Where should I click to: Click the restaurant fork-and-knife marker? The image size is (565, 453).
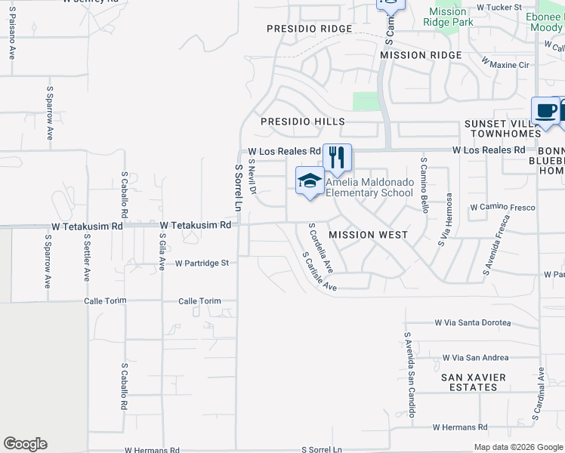tap(337, 157)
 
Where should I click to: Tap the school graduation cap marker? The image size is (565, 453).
tap(309, 181)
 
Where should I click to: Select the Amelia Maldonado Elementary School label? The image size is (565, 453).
tap(369, 187)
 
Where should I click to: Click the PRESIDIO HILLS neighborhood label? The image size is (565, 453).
tap(303, 122)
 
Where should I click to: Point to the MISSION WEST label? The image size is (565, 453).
tap(369, 235)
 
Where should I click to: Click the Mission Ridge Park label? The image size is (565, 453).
tap(447, 17)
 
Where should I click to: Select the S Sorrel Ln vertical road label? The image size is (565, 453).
tap(238, 188)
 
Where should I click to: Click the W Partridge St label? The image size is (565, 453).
tap(202, 263)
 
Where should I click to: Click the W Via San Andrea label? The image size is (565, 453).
tap(475, 358)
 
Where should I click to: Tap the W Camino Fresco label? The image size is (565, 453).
tap(502, 207)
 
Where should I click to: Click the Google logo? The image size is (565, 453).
tap(25, 444)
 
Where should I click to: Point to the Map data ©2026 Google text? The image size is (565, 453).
tap(517, 447)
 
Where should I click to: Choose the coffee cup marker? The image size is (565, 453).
tap(545, 111)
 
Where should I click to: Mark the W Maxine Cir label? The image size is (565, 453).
tap(505, 65)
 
